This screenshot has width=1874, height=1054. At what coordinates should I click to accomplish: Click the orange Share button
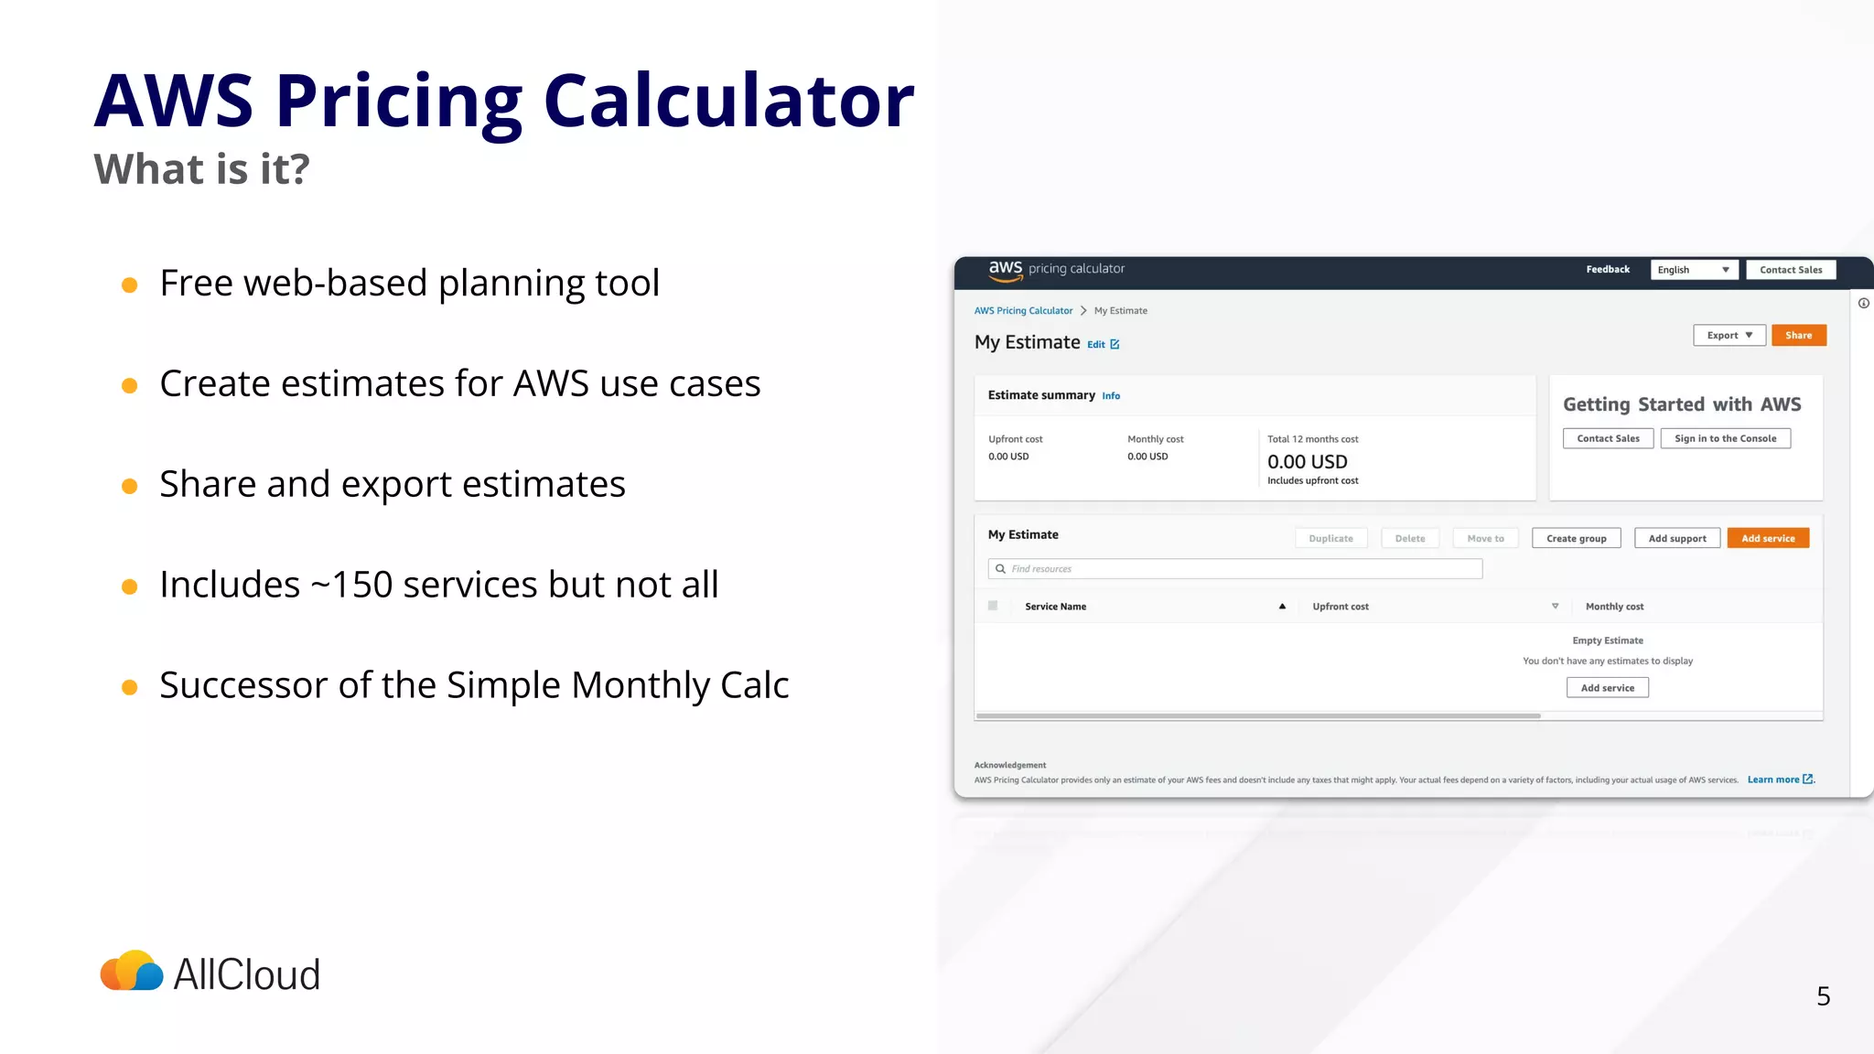click(1798, 336)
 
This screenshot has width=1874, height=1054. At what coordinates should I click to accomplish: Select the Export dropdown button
click(1729, 336)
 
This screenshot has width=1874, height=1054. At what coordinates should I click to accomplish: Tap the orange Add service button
click(1768, 539)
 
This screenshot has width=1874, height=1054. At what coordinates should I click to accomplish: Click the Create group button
click(1576, 539)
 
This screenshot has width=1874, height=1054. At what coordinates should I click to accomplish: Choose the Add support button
click(1676, 539)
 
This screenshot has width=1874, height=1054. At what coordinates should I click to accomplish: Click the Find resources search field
click(1235, 569)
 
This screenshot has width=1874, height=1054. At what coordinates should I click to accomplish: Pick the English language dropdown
click(1694, 270)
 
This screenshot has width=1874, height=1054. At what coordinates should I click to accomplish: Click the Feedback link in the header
click(1608, 270)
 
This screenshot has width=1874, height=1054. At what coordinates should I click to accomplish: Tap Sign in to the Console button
click(1725, 439)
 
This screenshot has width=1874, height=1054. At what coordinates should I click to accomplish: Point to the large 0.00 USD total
click(1307, 462)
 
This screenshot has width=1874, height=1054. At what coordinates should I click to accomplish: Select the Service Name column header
click(1055, 607)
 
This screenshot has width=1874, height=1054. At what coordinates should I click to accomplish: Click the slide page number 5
click(1823, 996)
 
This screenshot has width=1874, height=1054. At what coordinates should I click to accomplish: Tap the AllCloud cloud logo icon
click(132, 972)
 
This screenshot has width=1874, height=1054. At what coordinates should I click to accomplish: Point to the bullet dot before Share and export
click(130, 486)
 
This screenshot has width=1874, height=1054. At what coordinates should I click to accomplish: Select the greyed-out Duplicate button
click(1330, 539)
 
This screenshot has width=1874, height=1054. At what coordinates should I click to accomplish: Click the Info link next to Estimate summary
click(1111, 396)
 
